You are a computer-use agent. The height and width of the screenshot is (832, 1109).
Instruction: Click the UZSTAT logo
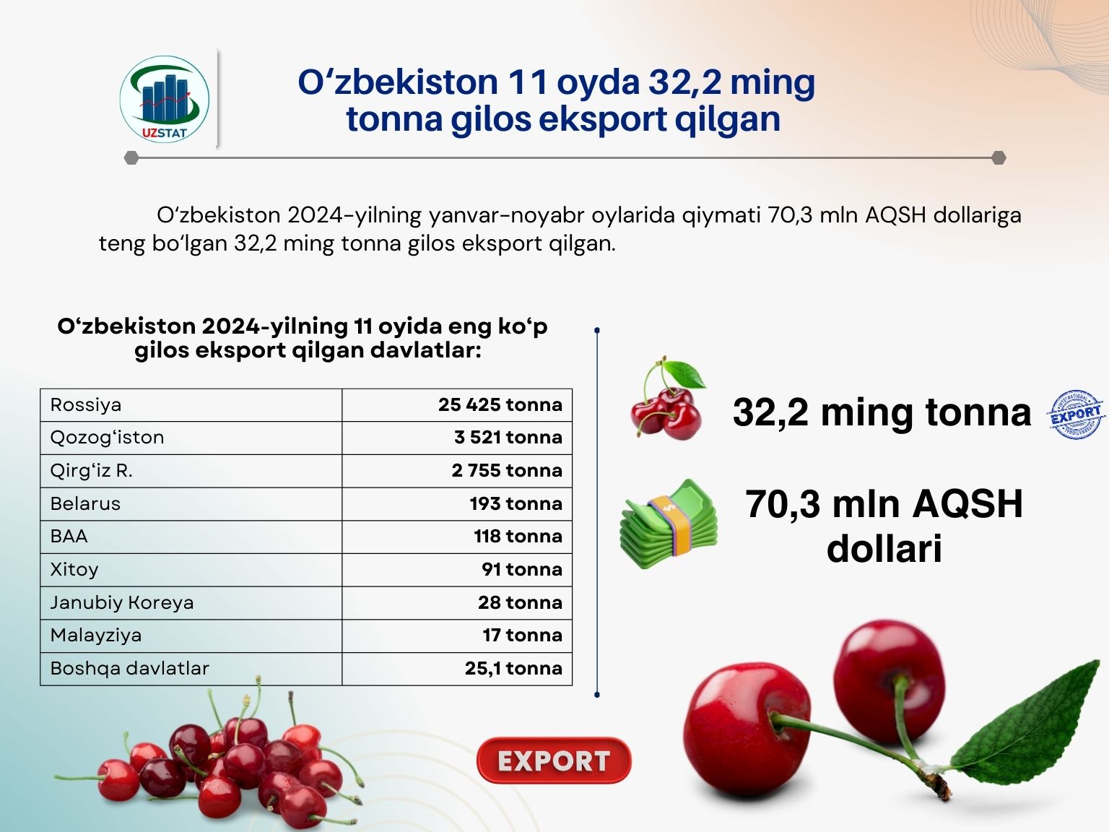tap(164, 99)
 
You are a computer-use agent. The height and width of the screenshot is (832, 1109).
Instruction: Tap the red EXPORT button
tap(554, 760)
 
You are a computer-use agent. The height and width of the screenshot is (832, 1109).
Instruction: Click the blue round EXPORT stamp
tap(1076, 415)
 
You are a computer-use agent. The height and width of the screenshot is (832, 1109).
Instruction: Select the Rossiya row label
tap(86, 404)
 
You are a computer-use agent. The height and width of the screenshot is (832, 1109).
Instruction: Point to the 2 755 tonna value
tap(507, 470)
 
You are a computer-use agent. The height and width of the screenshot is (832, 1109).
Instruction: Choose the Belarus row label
tap(85, 503)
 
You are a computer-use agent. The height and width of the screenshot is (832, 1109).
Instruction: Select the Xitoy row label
tap(74, 569)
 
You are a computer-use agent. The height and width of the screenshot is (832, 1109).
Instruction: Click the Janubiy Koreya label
tap(122, 602)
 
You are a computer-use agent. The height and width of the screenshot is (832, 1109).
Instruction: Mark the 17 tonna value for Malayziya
tap(523, 635)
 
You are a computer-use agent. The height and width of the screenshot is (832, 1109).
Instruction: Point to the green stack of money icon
tap(669, 524)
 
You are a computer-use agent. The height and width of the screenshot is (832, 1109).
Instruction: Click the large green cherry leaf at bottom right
tap(1026, 722)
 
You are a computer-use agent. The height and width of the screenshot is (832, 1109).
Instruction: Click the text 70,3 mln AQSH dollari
tap(884, 526)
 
